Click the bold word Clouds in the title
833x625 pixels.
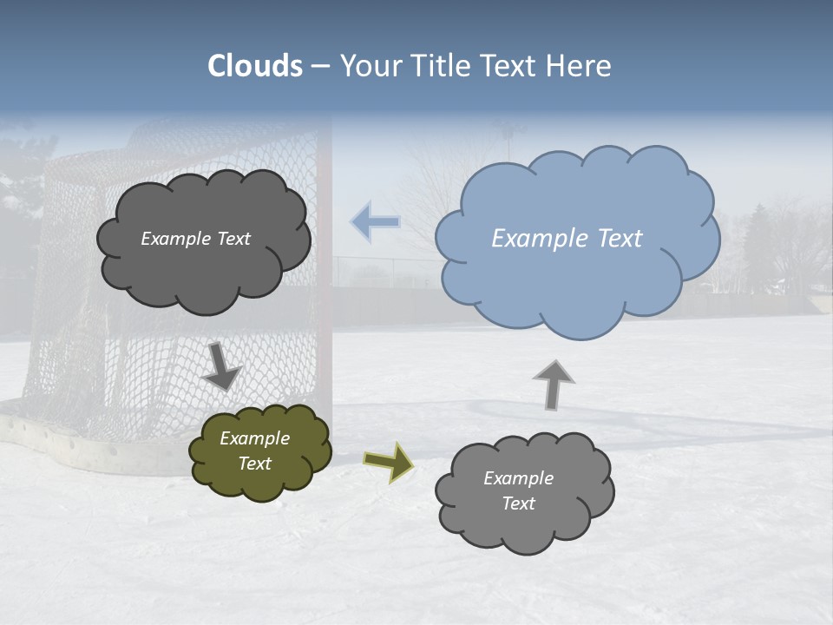click(255, 66)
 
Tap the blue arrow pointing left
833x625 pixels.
click(375, 222)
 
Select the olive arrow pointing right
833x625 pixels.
click(388, 461)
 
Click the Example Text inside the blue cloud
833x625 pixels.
click(567, 239)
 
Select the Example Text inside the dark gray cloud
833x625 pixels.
click(195, 239)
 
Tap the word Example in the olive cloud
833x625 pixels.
click(254, 438)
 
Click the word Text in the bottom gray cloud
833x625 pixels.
click(518, 503)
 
